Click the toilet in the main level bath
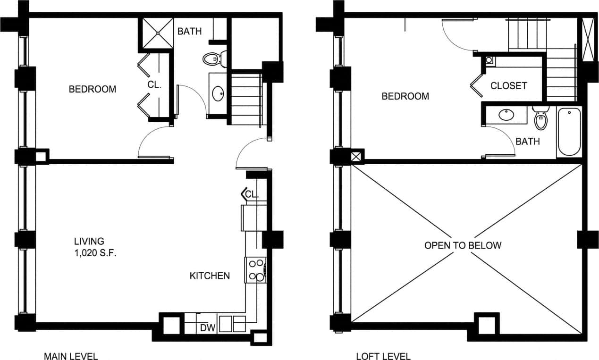(214, 59)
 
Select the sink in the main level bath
(219, 93)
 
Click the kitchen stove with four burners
(256, 270)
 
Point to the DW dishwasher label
(206, 327)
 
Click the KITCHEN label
(210, 276)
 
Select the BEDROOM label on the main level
(93, 89)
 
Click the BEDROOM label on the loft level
(405, 96)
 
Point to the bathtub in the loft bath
(569, 133)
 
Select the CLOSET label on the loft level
(508, 86)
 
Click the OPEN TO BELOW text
(463, 245)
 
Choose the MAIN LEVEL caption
(71, 356)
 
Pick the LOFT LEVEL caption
(383, 356)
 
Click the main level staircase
(246, 99)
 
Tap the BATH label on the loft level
(528, 141)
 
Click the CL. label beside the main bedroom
(155, 85)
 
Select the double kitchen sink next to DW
(232, 324)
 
